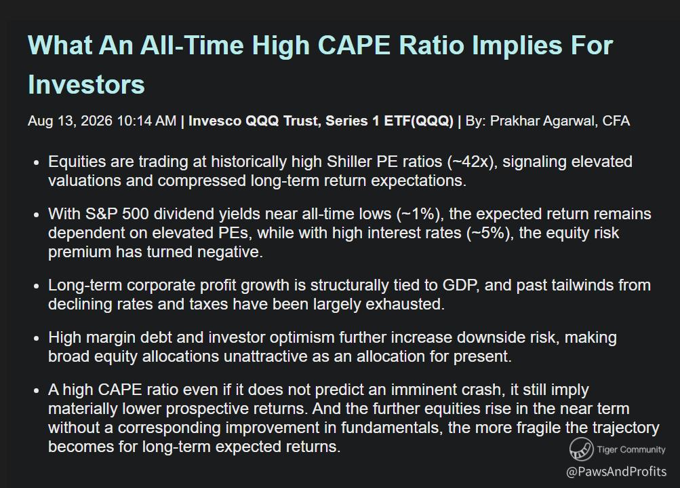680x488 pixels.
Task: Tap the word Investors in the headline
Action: pyautogui.click(x=86, y=83)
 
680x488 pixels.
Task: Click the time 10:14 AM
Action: pyautogui.click(x=146, y=121)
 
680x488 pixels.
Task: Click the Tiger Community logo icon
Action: pyautogui.click(x=581, y=449)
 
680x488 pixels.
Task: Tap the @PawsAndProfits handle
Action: pyautogui.click(x=616, y=472)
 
